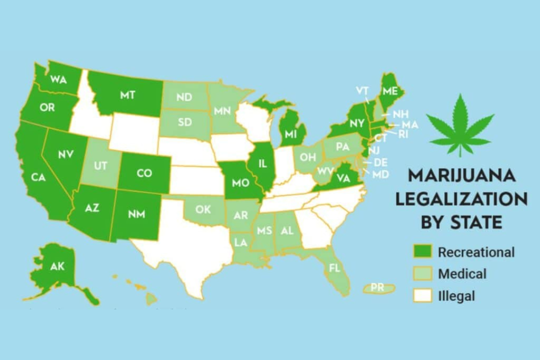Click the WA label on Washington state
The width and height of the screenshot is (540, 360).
pyautogui.click(x=58, y=80)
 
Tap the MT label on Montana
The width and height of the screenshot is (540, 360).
pyautogui.click(x=127, y=95)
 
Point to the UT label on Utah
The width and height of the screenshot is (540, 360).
pyautogui.click(x=100, y=166)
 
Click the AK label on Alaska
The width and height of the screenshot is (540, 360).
pyautogui.click(x=57, y=266)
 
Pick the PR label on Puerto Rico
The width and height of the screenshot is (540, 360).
pyautogui.click(x=378, y=288)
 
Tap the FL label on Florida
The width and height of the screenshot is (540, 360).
pyautogui.click(x=334, y=268)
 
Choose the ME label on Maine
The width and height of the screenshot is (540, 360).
pyautogui.click(x=390, y=91)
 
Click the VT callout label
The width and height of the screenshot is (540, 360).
pyautogui.click(x=362, y=90)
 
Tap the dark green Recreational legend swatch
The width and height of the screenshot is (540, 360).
pyautogui.click(x=421, y=252)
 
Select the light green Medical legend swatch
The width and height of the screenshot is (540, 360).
pyautogui.click(x=421, y=274)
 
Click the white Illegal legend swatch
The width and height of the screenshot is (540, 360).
pyautogui.click(x=421, y=296)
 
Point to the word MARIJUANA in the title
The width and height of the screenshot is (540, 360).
pyautogui.click(x=461, y=176)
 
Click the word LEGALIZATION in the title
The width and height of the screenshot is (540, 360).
pyautogui.click(x=461, y=198)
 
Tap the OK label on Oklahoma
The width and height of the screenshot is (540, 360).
pyautogui.click(x=203, y=209)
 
